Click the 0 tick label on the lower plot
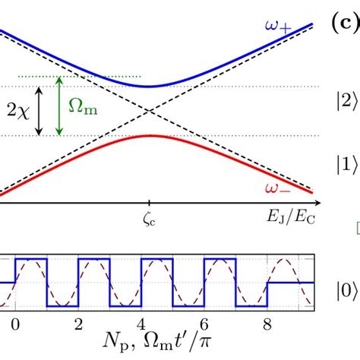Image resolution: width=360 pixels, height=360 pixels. (x=15, y=323)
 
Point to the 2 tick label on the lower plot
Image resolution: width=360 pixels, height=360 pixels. (x=78, y=323)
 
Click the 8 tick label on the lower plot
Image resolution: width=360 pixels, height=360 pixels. (x=267, y=323)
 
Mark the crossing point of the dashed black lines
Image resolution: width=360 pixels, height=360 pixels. (x=148, y=110)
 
